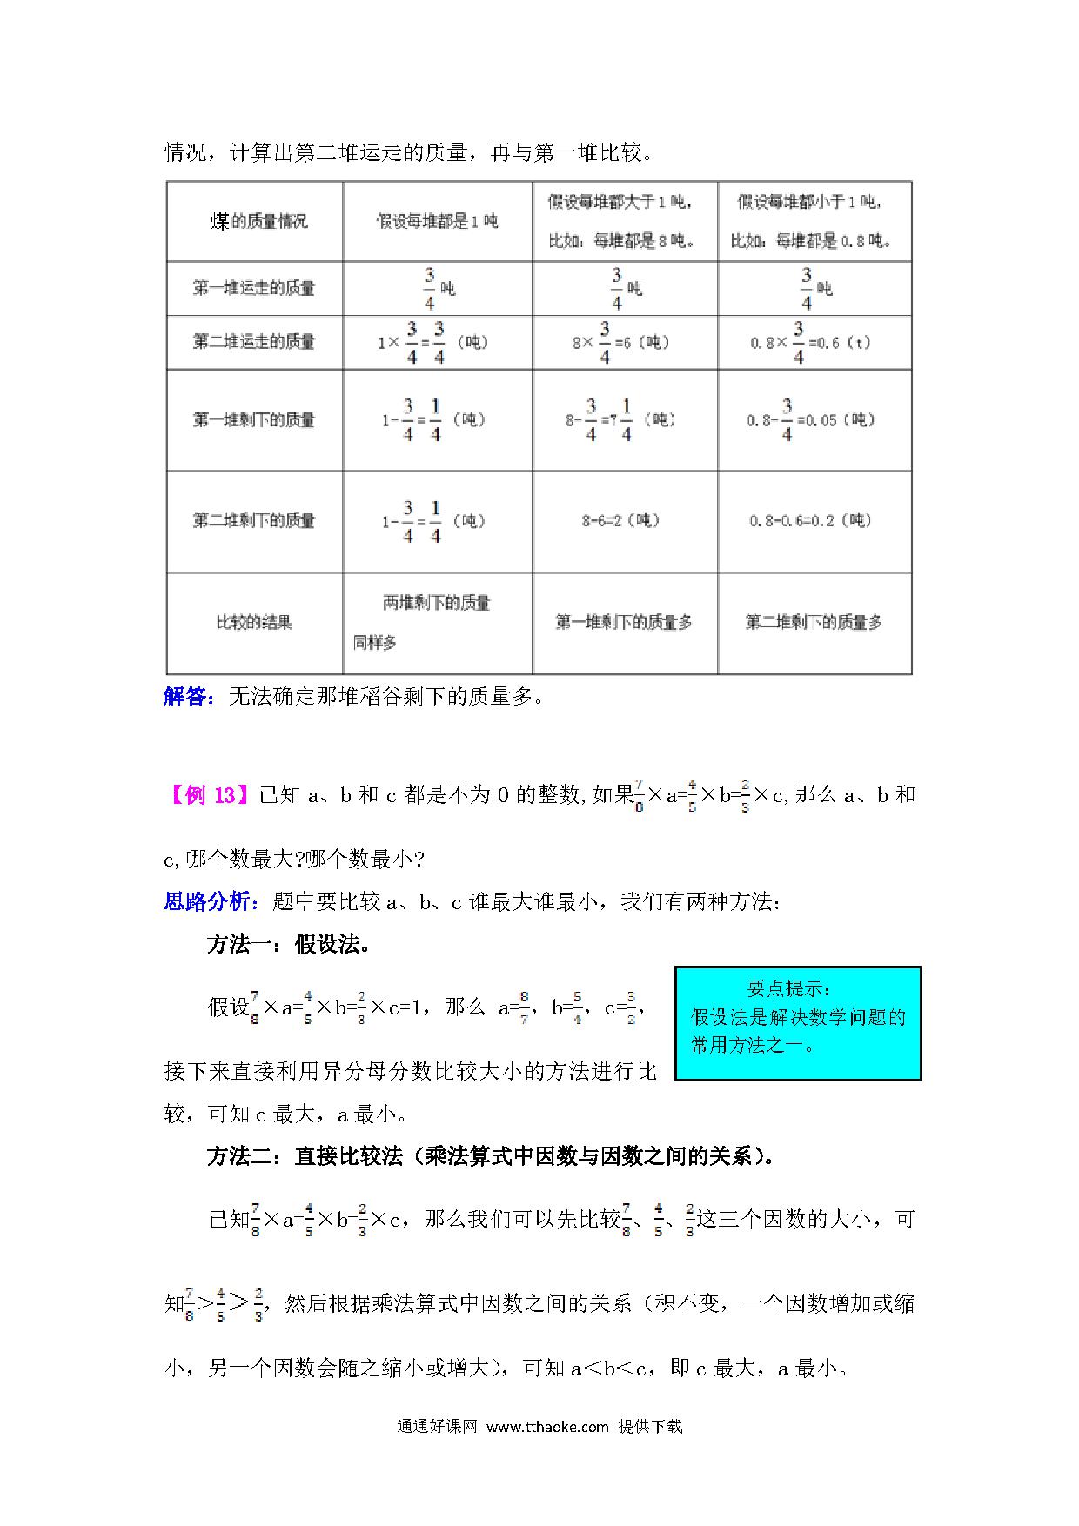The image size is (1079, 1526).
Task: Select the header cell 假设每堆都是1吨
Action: (x=437, y=222)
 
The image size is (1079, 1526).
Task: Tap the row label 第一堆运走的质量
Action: (x=253, y=288)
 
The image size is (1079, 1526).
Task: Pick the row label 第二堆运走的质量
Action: (x=253, y=342)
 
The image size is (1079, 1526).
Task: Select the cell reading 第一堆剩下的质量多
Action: (x=624, y=623)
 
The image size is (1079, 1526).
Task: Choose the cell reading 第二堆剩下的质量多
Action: (x=814, y=623)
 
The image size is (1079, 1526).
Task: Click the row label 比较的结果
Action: (x=253, y=623)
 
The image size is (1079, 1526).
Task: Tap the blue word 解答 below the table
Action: (x=185, y=697)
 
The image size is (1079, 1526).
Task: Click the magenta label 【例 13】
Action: (x=209, y=795)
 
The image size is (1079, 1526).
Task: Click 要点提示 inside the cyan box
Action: (x=789, y=989)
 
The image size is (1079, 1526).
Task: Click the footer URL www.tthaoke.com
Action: (x=546, y=1427)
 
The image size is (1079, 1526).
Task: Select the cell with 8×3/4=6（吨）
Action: (x=620, y=343)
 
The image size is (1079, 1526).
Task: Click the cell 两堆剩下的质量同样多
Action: (x=436, y=623)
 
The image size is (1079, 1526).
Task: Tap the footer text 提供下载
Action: (x=650, y=1427)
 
